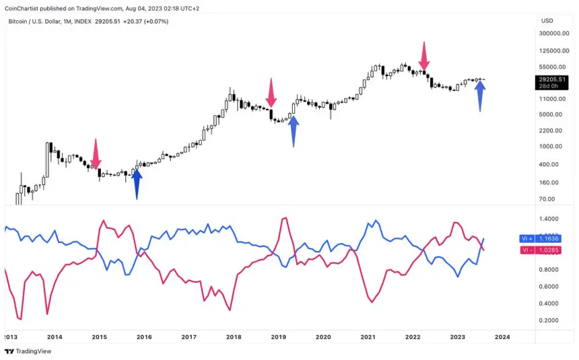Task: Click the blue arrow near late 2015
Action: [137, 184]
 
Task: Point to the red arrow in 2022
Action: [423, 56]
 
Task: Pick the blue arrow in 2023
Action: [480, 95]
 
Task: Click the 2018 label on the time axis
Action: [234, 336]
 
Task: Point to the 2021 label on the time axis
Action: [368, 336]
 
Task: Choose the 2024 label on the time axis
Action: [502, 336]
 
